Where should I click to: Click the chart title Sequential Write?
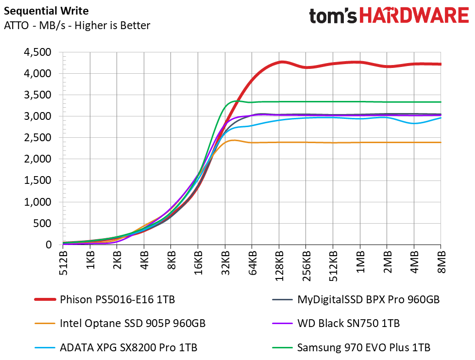tap(46, 11)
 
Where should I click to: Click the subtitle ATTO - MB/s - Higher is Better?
tap(77, 25)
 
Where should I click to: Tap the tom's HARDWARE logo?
tap(389, 16)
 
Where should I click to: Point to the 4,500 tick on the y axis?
tap(37, 52)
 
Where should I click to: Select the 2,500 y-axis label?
tap(37, 138)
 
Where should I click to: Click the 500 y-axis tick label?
tap(43, 224)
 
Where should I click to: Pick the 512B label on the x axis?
tap(63, 262)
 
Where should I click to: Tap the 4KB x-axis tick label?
tap(144, 260)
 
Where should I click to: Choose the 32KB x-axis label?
tap(225, 262)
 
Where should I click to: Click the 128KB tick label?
tap(279, 265)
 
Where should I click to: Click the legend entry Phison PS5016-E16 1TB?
tap(105, 299)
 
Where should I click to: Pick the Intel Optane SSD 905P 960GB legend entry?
tap(120, 324)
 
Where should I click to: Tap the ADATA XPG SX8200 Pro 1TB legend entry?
tap(116, 347)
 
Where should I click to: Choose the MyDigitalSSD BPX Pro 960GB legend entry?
tap(356, 299)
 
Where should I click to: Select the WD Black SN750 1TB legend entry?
tap(336, 324)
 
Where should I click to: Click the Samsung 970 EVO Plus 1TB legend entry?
tap(351, 347)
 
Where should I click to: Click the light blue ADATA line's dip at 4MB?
tap(414, 123)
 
